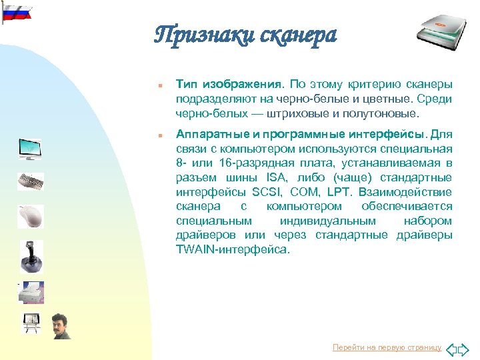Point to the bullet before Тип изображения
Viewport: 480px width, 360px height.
[153, 85]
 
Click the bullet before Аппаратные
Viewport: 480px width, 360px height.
[153, 134]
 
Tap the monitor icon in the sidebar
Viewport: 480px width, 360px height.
[29, 149]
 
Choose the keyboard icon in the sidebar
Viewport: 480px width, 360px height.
[30, 181]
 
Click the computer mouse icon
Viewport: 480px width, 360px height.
[31, 216]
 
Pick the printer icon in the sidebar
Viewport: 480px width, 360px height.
[31, 292]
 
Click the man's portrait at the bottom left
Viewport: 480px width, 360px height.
[61, 325]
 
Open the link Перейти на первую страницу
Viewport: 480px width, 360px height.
[387, 348]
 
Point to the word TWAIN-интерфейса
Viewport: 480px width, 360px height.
[233, 250]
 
